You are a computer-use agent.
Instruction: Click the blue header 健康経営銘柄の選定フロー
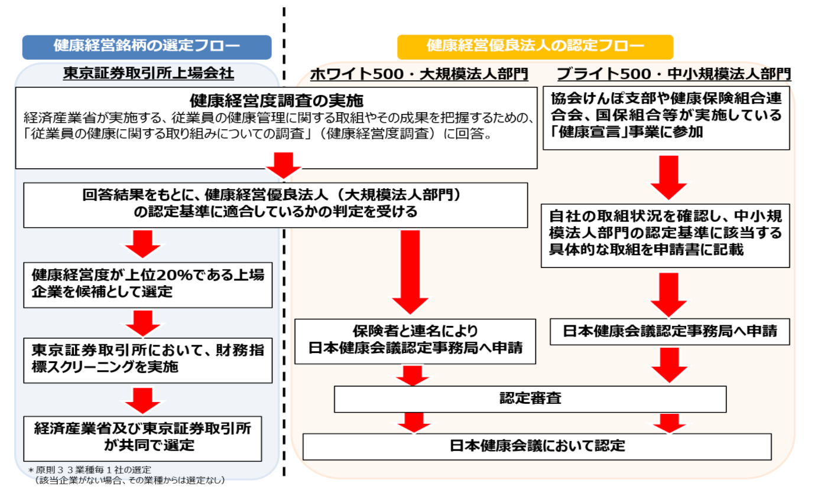147,47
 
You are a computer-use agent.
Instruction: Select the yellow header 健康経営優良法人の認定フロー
535,47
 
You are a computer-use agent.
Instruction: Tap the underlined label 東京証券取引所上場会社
148,73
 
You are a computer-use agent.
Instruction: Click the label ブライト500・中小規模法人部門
673,74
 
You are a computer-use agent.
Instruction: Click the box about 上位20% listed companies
148,284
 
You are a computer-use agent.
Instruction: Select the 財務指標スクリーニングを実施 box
148,358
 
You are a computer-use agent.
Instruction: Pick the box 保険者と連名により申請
415,341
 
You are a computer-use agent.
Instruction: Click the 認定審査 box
530,399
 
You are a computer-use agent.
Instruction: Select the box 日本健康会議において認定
537,446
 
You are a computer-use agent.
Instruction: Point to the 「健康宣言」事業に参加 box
666,116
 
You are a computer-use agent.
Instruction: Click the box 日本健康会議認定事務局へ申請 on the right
670,332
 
